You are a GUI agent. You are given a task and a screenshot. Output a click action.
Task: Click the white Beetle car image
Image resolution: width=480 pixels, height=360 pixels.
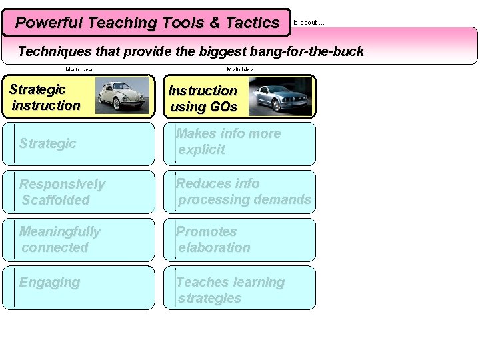pos(123,96)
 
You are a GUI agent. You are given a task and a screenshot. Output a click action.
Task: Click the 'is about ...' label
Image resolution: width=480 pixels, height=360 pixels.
pos(309,23)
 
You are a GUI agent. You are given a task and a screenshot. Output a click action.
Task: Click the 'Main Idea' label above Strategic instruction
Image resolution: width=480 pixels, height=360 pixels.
pos(79,69)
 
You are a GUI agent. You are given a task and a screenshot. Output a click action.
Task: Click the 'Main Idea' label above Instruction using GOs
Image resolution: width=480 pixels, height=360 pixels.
pos(240,69)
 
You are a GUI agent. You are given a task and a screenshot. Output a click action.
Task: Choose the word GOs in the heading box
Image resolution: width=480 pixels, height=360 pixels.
pos(222,107)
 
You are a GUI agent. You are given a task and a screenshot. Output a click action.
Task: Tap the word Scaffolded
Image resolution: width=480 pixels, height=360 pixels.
pos(55,200)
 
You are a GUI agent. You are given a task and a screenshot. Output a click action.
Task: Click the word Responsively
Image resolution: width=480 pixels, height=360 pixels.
pos(62,184)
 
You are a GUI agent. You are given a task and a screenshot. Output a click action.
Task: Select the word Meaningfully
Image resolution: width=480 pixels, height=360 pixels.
pos(59,232)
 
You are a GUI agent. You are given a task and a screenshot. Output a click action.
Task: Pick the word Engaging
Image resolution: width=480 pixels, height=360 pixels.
pos(49,283)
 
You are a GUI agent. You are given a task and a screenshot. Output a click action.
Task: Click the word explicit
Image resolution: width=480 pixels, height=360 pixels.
pos(201,149)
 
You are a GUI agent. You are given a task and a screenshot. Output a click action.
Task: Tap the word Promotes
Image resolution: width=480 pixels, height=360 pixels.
pos(206,231)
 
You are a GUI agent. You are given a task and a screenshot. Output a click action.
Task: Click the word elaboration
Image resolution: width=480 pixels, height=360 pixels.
pos(214,247)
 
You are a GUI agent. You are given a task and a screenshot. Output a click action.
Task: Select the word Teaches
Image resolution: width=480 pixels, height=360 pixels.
pos(203,282)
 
